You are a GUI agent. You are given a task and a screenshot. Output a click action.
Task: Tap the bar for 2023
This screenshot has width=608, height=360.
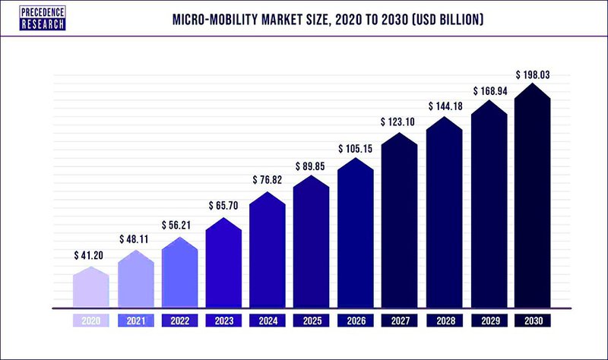223,266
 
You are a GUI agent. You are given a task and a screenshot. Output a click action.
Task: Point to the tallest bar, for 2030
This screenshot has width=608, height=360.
532,197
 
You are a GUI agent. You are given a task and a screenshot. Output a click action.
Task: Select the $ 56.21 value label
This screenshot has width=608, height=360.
179,226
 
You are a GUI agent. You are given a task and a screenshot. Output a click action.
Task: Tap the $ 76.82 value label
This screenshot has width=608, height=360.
267,180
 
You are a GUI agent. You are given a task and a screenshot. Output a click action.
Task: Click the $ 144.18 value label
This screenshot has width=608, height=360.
444,106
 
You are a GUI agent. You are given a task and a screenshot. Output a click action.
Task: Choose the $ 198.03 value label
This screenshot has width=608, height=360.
532,74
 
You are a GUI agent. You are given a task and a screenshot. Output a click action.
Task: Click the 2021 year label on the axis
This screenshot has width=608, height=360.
135,321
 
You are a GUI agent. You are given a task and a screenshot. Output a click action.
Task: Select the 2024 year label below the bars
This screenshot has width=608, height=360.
267,321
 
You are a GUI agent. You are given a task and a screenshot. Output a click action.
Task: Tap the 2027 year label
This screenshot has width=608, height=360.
399,321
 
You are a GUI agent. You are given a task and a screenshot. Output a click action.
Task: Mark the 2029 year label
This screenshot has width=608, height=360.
488,321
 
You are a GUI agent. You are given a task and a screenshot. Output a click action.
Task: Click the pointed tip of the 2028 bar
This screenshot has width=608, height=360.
444,116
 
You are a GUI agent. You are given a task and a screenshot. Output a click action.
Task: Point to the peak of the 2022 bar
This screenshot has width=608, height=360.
179,237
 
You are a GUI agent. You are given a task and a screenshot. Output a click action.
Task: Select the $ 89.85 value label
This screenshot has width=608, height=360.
311,166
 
